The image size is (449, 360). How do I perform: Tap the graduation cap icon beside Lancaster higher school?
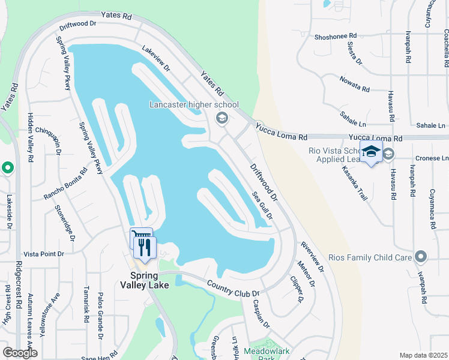(221, 118)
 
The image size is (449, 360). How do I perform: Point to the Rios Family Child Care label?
(370, 257)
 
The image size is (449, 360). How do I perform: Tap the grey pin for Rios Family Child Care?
(420, 257)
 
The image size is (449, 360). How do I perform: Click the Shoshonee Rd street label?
(335, 37)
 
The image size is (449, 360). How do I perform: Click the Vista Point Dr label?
(43, 254)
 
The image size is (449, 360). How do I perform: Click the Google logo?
(20, 353)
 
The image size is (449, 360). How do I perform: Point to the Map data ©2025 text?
(423, 355)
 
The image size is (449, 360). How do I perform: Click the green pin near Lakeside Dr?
(7, 167)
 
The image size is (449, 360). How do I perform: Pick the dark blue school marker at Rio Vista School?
(371, 152)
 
